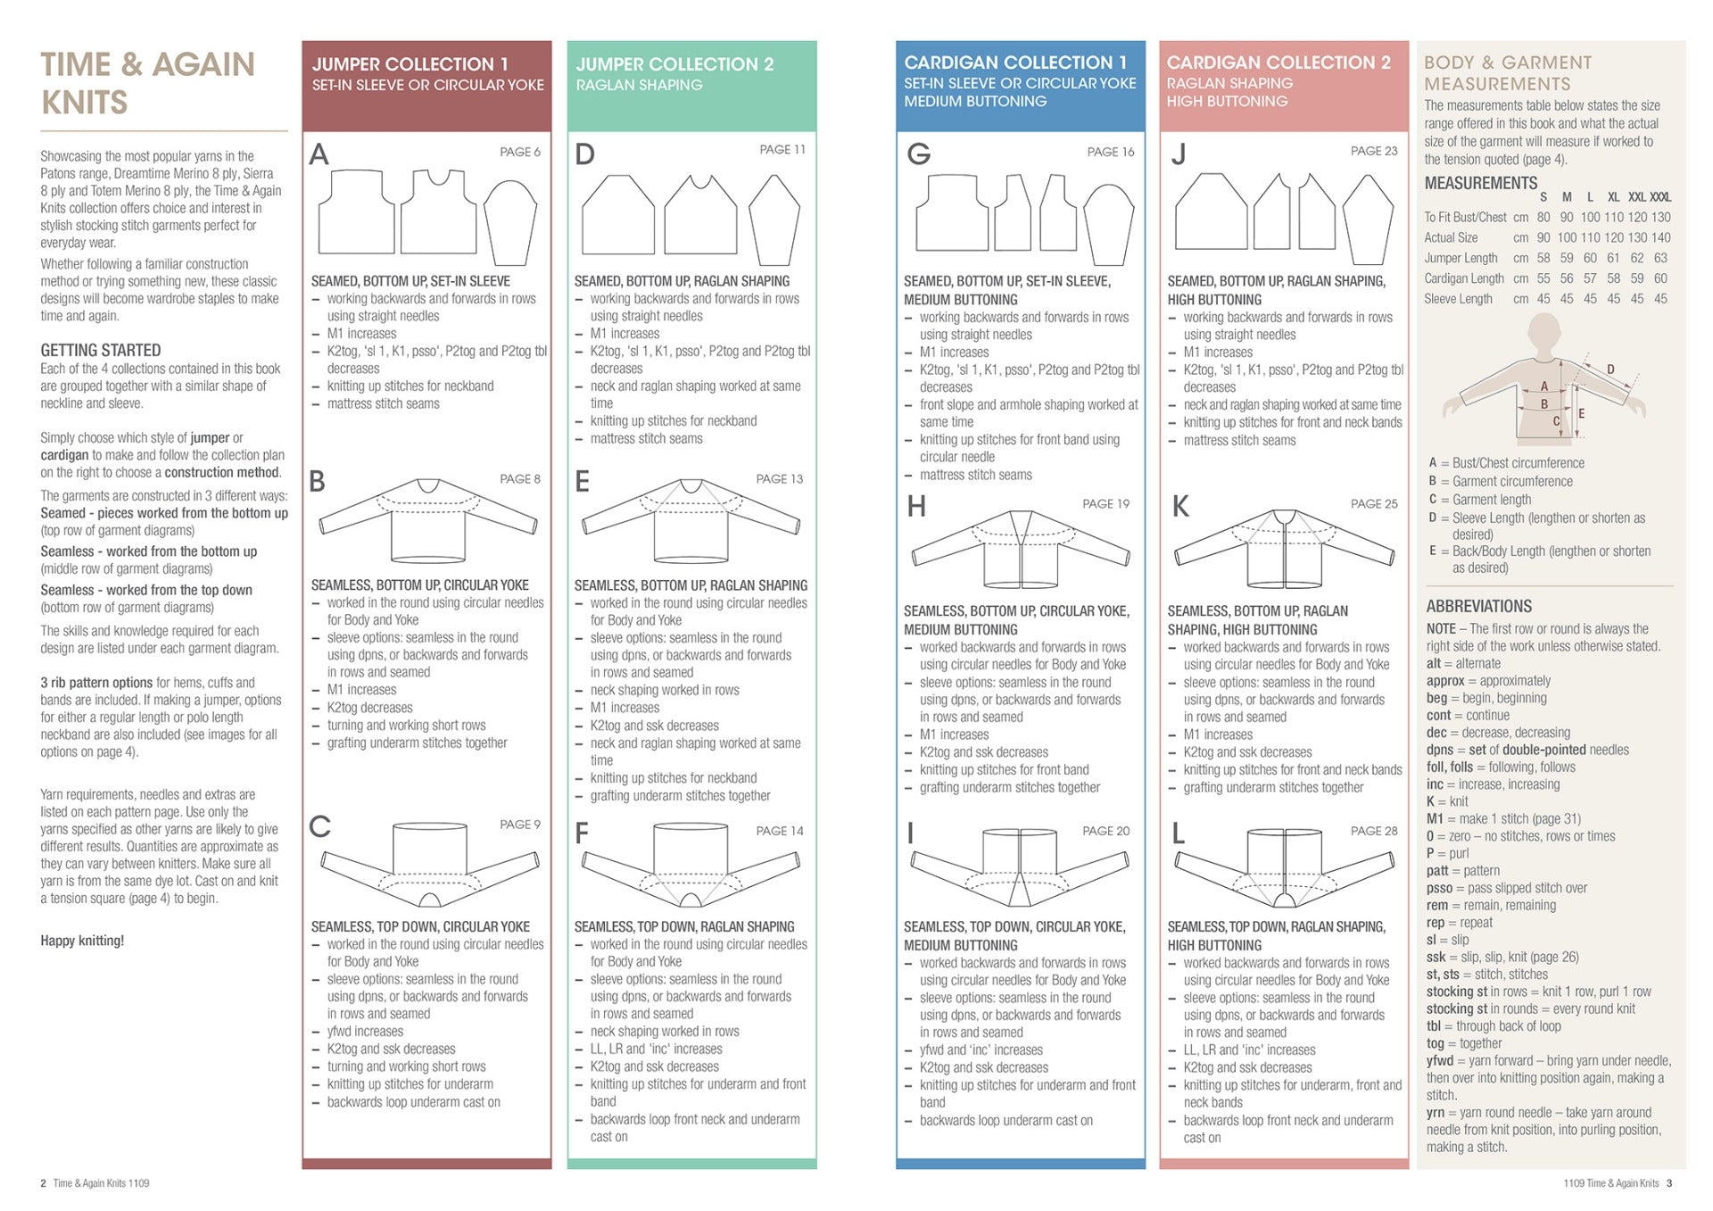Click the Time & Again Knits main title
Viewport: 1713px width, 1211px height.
[x=147, y=83]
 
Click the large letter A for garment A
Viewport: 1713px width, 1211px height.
[x=319, y=155]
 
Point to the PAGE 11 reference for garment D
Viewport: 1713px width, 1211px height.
[x=782, y=150]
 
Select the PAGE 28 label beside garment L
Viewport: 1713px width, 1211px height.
[x=1373, y=831]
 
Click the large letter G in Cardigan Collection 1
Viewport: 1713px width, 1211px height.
[x=918, y=154]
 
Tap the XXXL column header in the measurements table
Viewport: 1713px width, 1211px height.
[x=1660, y=197]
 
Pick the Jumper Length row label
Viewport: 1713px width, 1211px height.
[x=1461, y=258]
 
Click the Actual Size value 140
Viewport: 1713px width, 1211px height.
[x=1660, y=237]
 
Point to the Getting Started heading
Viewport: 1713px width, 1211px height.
[x=100, y=350]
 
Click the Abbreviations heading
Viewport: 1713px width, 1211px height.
[x=1478, y=606]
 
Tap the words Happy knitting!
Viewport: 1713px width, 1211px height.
[x=82, y=940]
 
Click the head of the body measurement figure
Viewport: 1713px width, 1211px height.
[x=1544, y=335]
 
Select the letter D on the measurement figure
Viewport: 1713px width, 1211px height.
[x=1610, y=369]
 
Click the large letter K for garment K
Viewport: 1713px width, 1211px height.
[x=1180, y=507]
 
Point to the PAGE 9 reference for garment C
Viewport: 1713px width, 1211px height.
[x=519, y=825]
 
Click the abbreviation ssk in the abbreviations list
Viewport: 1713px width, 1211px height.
[x=1436, y=957]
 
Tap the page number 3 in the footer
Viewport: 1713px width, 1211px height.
[x=1669, y=1183]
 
